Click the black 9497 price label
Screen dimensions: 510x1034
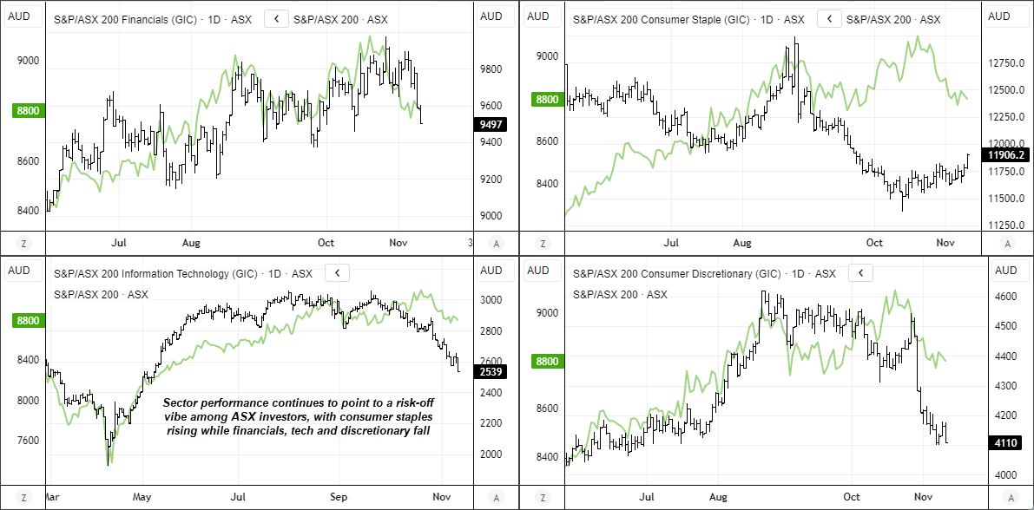(491, 124)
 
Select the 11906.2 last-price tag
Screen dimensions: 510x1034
(1004, 155)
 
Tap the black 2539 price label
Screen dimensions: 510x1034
(491, 372)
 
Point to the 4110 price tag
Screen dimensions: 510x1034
(1005, 442)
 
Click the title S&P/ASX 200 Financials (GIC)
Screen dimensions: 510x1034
(129, 18)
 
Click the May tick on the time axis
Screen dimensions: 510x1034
(142, 498)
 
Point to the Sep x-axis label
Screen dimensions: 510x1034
(339, 498)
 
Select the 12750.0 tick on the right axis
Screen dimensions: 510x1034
(1006, 63)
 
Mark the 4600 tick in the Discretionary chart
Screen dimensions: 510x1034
(1006, 297)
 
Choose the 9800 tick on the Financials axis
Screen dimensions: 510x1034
(491, 69)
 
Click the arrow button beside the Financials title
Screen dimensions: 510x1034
(276, 18)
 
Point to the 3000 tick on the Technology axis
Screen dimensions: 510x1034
(491, 300)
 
